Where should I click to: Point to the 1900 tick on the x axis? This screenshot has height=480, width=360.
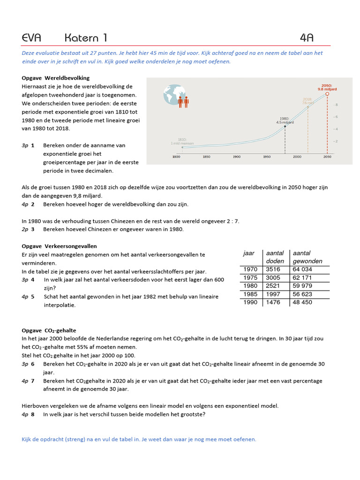click(x=236, y=157)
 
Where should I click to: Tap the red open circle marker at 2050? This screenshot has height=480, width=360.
click(x=327, y=93)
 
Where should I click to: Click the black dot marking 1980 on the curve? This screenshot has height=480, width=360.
click(x=285, y=127)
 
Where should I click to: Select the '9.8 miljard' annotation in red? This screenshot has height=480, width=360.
click(x=327, y=89)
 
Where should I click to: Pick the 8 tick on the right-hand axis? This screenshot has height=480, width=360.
click(x=336, y=105)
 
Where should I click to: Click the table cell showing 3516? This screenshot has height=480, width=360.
click(x=273, y=269)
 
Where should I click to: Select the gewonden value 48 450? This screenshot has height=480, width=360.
click(x=302, y=302)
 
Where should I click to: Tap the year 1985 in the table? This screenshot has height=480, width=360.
click(x=251, y=294)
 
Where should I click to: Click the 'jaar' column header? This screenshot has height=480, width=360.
click(x=249, y=253)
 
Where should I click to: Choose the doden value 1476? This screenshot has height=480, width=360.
click(x=273, y=302)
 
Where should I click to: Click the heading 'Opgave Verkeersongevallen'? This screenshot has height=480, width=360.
click(x=60, y=246)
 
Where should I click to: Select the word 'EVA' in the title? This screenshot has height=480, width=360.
click(x=32, y=38)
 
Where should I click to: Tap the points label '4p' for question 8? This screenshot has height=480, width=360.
click(x=25, y=414)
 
